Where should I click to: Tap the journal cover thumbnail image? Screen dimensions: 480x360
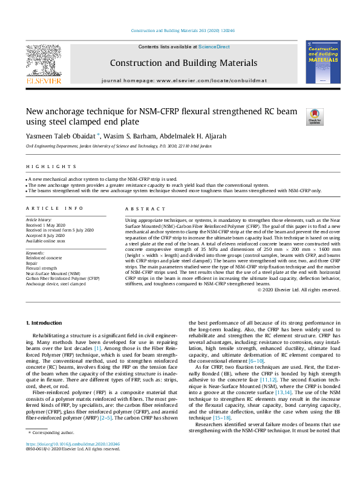pyautogui.click(x=323, y=62)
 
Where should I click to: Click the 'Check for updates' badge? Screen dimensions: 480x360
pyautogui.click(x=315, y=116)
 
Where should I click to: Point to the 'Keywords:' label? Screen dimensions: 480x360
pyautogui.click(x=34, y=252)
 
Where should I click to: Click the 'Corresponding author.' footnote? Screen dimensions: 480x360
pyautogui.click(x=54, y=450)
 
